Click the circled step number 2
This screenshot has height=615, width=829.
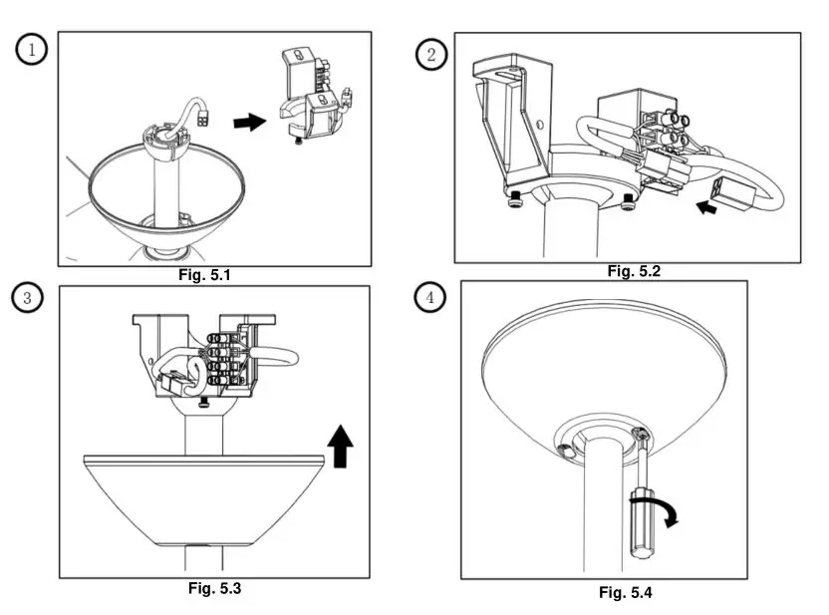pyautogui.click(x=430, y=55)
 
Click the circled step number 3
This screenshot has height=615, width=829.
pyautogui.click(x=30, y=297)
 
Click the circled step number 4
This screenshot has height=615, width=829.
pyautogui.click(x=430, y=298)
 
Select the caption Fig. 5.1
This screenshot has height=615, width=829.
pyautogui.click(x=205, y=276)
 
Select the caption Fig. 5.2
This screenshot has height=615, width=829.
pyautogui.click(x=634, y=271)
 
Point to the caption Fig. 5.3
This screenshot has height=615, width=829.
pyautogui.click(x=214, y=588)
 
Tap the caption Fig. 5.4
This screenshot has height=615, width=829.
pyautogui.click(x=625, y=593)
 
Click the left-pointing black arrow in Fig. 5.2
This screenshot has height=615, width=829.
pyautogui.click(x=706, y=208)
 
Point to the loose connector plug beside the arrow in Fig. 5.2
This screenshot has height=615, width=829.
pyautogui.click(x=734, y=197)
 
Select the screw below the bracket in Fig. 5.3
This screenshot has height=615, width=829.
pyautogui.click(x=204, y=402)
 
